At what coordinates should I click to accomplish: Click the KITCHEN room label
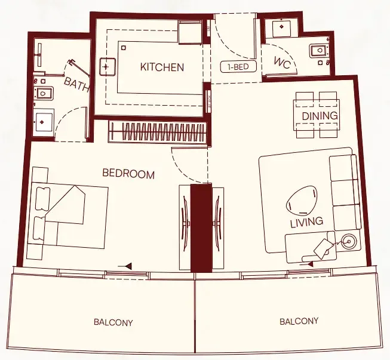[x=162, y=67]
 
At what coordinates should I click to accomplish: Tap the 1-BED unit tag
[x=234, y=67]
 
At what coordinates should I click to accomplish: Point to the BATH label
[x=77, y=85]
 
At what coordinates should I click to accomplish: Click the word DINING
[x=320, y=115]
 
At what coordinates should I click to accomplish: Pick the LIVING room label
[x=306, y=221]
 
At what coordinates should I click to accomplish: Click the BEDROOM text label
[x=128, y=174]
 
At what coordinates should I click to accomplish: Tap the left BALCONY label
[x=113, y=322]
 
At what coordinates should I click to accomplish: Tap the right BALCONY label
[x=299, y=321]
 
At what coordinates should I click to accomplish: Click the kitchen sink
[x=107, y=66]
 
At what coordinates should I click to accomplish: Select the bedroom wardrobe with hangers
[x=158, y=132]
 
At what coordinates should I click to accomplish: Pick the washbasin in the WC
[x=280, y=29]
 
